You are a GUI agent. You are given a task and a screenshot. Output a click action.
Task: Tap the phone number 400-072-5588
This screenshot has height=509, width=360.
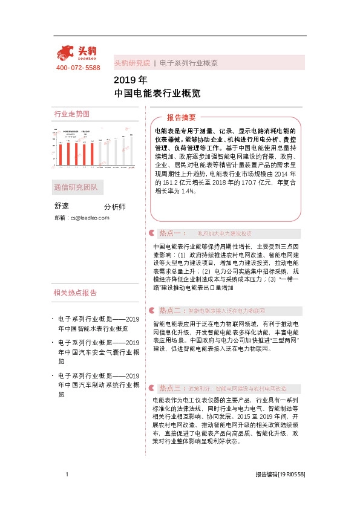click(x=78, y=68)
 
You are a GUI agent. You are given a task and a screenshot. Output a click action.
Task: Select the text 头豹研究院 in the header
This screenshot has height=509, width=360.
click(x=132, y=63)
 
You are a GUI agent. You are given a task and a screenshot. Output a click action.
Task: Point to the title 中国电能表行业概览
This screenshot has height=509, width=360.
click(x=157, y=94)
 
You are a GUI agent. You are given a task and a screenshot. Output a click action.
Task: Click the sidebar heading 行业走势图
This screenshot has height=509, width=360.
click(x=72, y=114)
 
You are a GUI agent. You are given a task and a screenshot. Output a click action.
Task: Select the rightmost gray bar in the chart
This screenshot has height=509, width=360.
click(x=131, y=152)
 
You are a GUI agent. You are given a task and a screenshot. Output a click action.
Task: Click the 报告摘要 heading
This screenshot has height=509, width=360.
click(x=182, y=118)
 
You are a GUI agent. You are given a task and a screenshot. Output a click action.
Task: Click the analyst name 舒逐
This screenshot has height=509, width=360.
click(x=62, y=206)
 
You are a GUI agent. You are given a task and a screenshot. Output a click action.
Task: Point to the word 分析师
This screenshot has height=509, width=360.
click(x=115, y=207)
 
